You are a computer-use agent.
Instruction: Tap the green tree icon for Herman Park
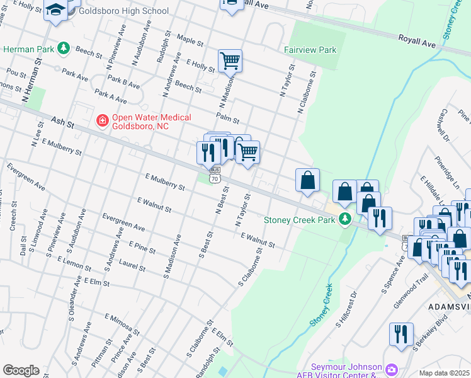63,49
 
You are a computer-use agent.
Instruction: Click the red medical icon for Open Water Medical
101,119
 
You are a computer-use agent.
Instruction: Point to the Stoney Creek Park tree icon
344,220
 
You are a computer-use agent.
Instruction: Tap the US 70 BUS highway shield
215,175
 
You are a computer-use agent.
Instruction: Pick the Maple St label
190,41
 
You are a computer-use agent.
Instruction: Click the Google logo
21,370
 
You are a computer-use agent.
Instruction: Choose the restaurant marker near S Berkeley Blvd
401,334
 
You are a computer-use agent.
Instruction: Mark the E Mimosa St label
122,323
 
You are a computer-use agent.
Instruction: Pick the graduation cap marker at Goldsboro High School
55,11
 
